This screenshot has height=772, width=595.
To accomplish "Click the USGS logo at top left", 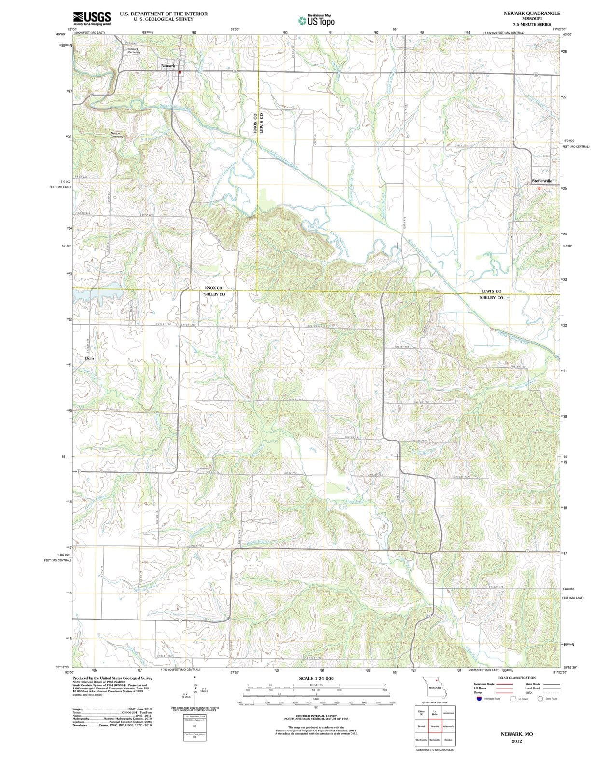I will point(92,18).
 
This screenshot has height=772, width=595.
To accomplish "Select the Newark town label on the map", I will point(168,65).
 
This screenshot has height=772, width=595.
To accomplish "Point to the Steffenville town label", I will point(541,181).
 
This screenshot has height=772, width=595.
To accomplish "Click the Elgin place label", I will point(89,358).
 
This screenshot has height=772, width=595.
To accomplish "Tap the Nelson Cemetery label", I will point(117,135).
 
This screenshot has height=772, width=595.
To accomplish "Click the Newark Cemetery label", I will point(133,50).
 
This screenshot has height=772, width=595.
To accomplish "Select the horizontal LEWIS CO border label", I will point(491,291).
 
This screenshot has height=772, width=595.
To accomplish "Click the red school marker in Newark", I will point(180,72).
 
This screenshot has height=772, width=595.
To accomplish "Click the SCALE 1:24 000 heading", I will point(316,678).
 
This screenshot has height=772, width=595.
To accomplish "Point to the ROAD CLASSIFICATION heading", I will point(516,678).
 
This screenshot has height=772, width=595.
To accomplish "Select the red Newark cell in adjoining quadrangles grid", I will point(435,726).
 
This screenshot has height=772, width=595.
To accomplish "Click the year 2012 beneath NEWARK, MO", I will point(517,741).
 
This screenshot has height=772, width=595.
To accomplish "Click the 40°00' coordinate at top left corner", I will point(61,34).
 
